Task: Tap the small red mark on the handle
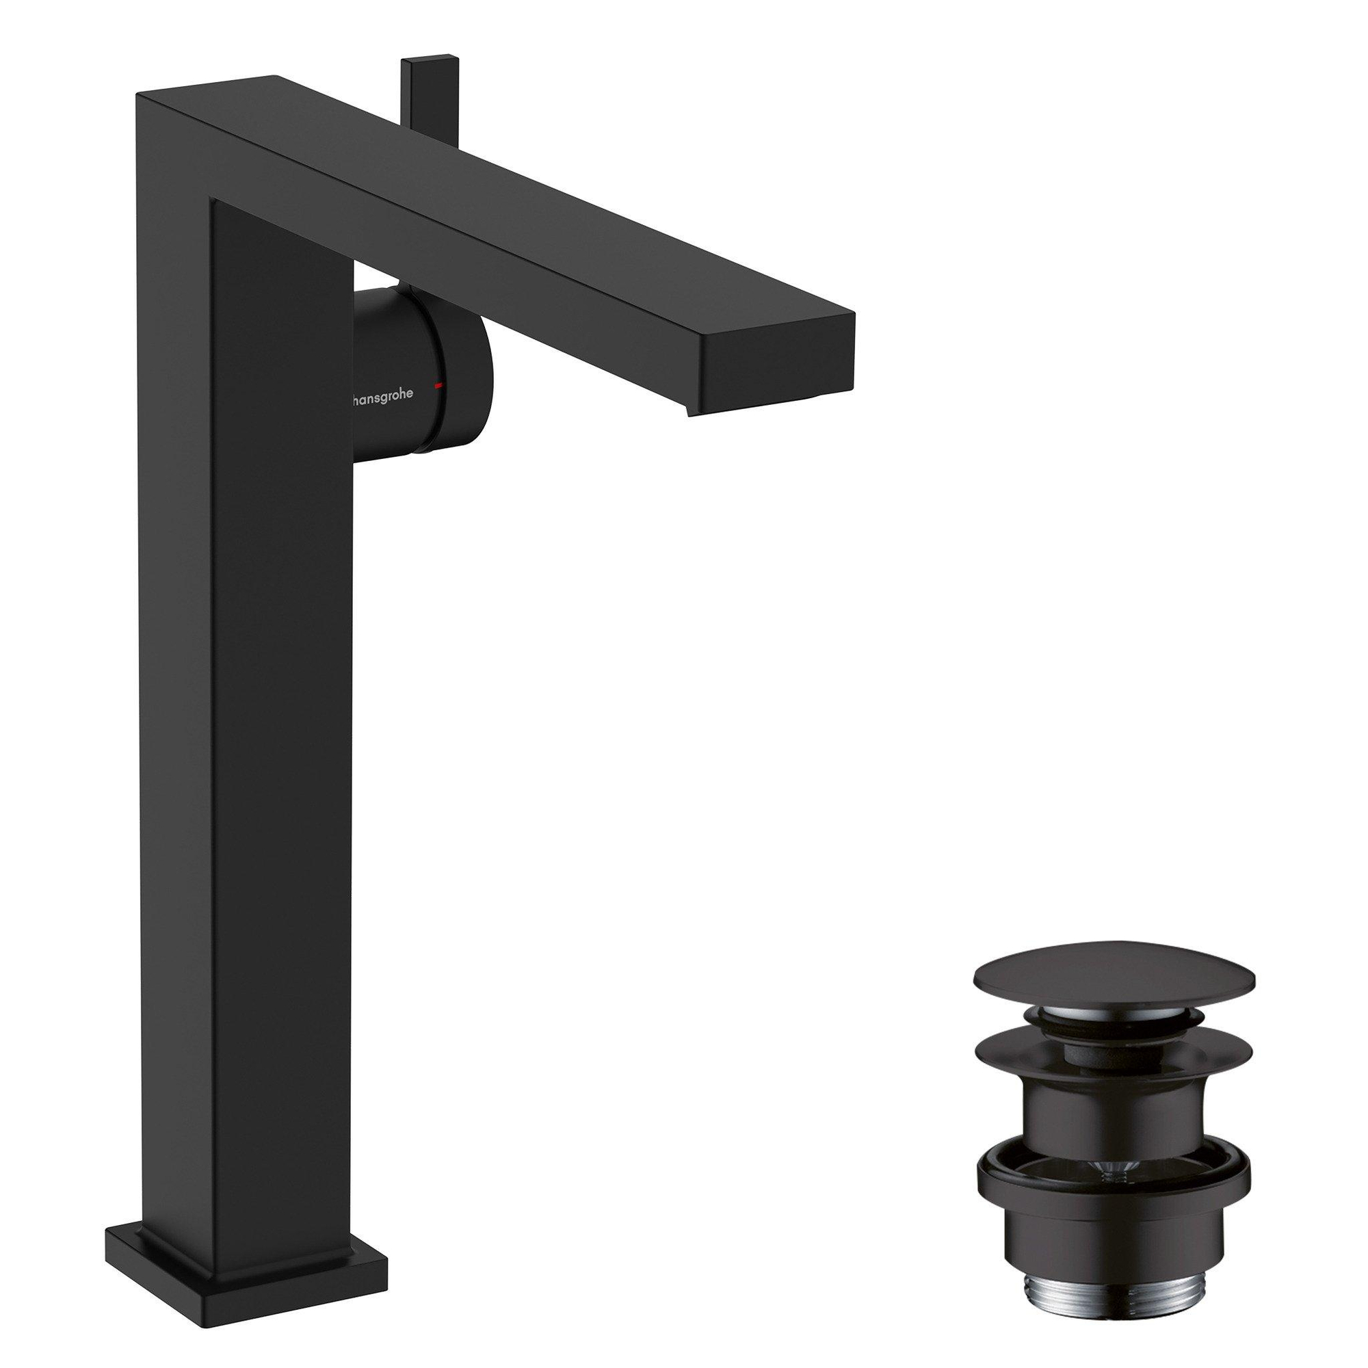(x=440, y=384)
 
